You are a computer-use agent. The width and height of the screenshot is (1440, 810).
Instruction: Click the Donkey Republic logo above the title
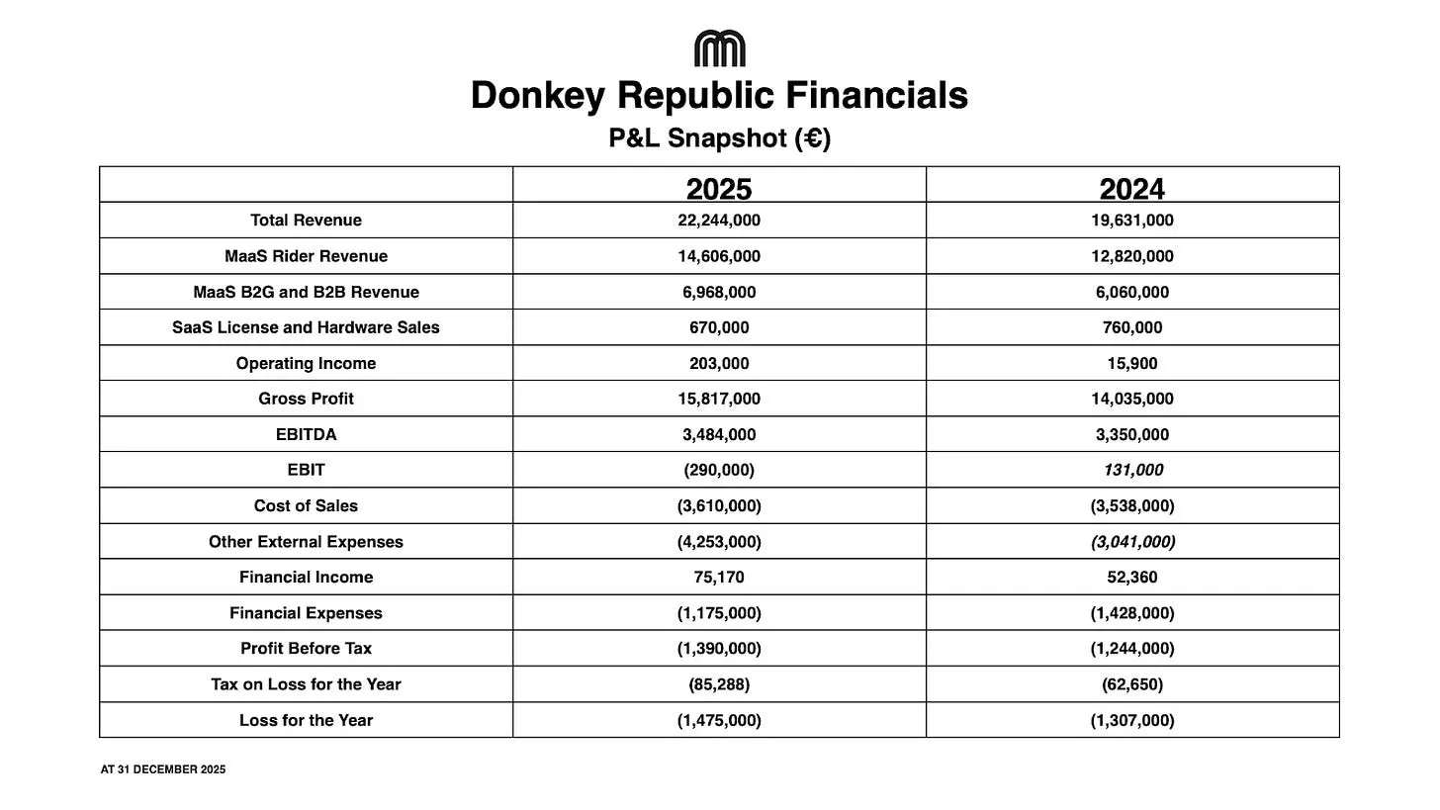719,48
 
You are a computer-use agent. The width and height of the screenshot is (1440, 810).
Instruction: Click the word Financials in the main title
876,96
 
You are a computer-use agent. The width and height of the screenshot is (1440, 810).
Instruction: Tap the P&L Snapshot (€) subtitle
719,138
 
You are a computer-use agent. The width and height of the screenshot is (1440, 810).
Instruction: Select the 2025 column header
719,188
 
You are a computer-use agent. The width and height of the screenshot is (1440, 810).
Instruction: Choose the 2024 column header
1132,188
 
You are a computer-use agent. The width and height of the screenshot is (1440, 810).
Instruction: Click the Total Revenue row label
306,221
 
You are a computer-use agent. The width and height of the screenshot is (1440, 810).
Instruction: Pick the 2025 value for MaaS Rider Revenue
719,256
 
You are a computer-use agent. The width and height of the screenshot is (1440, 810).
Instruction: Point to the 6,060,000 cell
1132,292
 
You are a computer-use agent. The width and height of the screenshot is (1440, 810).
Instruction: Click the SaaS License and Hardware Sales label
306,327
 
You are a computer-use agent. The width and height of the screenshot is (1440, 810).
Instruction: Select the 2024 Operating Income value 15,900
1132,363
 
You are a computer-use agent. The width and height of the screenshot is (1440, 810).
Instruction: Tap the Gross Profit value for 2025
719,399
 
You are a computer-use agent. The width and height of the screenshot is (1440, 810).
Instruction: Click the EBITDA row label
306,434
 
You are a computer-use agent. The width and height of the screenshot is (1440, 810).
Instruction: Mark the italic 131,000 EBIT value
1132,470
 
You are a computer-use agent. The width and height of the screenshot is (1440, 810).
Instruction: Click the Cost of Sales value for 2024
1132,505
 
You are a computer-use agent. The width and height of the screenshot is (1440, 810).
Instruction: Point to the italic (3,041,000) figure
1132,542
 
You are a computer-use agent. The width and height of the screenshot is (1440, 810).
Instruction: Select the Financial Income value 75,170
719,578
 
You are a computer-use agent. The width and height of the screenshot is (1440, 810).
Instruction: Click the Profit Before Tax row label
306,649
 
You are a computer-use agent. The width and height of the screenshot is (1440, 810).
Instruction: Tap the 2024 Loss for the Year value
1132,720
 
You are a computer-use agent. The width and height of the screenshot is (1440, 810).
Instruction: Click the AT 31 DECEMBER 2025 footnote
163,769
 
